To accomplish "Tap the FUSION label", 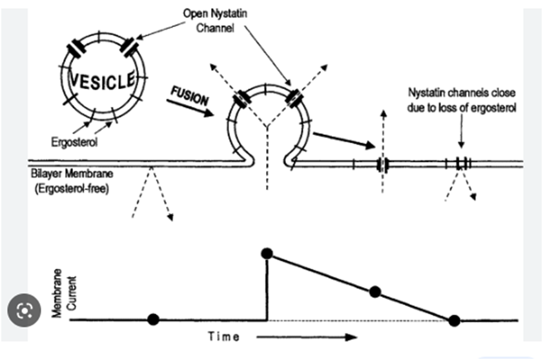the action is (190, 95).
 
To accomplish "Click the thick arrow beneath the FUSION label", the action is (190, 108).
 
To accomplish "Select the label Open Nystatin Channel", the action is (215, 21).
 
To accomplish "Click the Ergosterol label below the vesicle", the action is (74, 142).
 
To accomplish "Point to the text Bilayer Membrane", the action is (72, 174).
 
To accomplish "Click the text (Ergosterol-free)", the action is (72, 188).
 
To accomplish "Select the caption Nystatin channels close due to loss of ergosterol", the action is (461, 101).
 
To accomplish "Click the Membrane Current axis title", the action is (64, 293).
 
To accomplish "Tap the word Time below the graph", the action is (223, 337).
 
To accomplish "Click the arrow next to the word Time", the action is (307, 337).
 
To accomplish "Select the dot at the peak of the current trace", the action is (267, 254).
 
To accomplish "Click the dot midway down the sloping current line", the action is (375, 292).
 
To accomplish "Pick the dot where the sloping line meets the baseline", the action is (455, 321).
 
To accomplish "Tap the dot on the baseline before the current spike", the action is (153, 319).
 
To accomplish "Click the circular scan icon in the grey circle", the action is (25, 310).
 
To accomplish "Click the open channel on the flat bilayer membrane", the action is (383, 165).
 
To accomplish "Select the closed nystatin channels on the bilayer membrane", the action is (463, 163).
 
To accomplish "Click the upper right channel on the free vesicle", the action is (129, 47).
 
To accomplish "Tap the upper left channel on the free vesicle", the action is (77, 50).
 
